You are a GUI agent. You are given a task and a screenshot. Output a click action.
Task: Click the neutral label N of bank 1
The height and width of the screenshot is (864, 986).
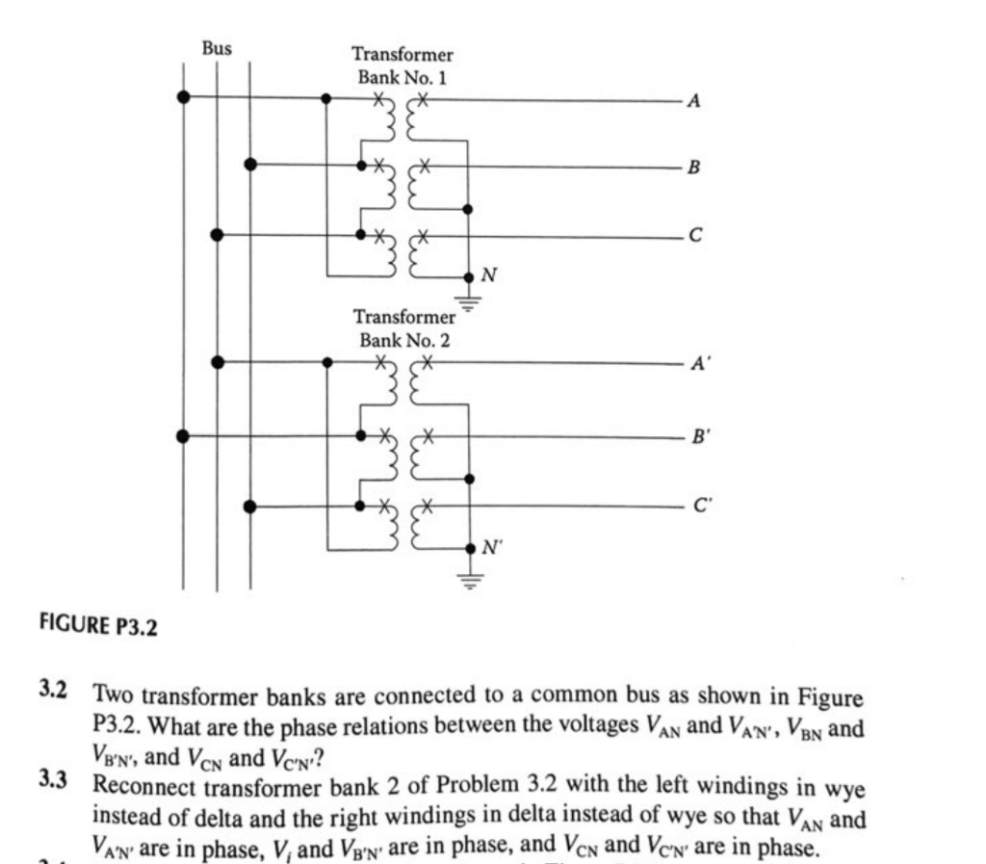[x=489, y=276]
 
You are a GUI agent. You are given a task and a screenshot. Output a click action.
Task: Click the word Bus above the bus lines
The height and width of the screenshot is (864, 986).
[x=217, y=46]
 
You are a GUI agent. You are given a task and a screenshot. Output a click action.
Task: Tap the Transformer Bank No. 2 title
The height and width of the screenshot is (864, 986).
[x=404, y=327]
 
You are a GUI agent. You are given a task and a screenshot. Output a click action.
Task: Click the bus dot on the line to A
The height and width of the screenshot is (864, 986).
[x=183, y=96]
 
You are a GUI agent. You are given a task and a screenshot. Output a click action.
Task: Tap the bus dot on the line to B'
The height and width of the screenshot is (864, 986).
[x=183, y=434]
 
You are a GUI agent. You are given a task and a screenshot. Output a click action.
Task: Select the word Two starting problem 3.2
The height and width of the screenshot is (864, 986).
[x=114, y=695]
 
